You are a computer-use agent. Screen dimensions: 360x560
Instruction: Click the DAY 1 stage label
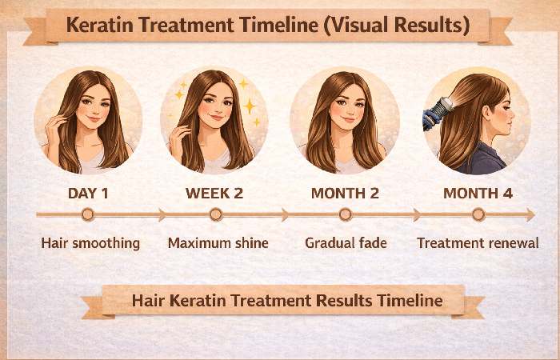point(87,194)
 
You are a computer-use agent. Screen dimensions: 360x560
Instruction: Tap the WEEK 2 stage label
point(214,194)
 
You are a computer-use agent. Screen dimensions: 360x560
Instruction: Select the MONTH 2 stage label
point(345,194)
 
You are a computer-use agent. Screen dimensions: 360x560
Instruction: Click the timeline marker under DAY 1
point(87,214)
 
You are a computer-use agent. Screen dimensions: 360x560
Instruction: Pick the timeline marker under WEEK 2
point(215,214)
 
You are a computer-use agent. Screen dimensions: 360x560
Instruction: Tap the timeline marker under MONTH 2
point(345,214)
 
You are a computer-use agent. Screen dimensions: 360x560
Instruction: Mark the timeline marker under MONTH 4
point(478,214)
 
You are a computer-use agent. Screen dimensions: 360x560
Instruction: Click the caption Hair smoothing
point(90,242)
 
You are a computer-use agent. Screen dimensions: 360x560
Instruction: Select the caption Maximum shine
point(218,242)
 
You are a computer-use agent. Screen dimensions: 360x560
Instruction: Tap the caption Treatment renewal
point(478,242)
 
